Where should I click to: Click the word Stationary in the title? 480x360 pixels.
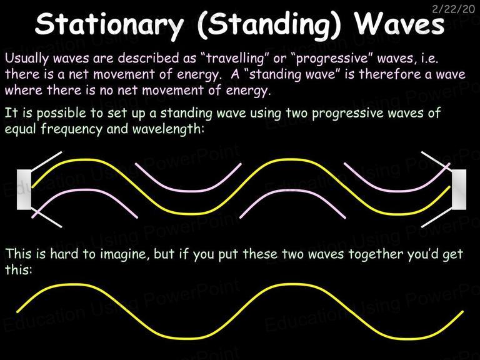(x=109, y=24)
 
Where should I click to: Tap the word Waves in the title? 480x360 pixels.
(x=399, y=24)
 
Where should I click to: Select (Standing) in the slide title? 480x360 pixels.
(x=269, y=25)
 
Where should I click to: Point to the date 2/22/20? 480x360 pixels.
(x=453, y=9)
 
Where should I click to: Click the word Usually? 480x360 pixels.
(x=27, y=58)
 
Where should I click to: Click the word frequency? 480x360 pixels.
(x=71, y=129)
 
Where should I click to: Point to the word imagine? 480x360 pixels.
(x=125, y=254)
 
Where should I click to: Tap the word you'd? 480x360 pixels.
(x=424, y=254)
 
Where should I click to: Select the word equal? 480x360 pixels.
(x=21, y=129)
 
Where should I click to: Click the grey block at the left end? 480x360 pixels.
(x=24, y=189)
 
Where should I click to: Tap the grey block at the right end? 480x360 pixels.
(x=459, y=189)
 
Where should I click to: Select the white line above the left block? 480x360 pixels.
(x=46, y=161)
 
